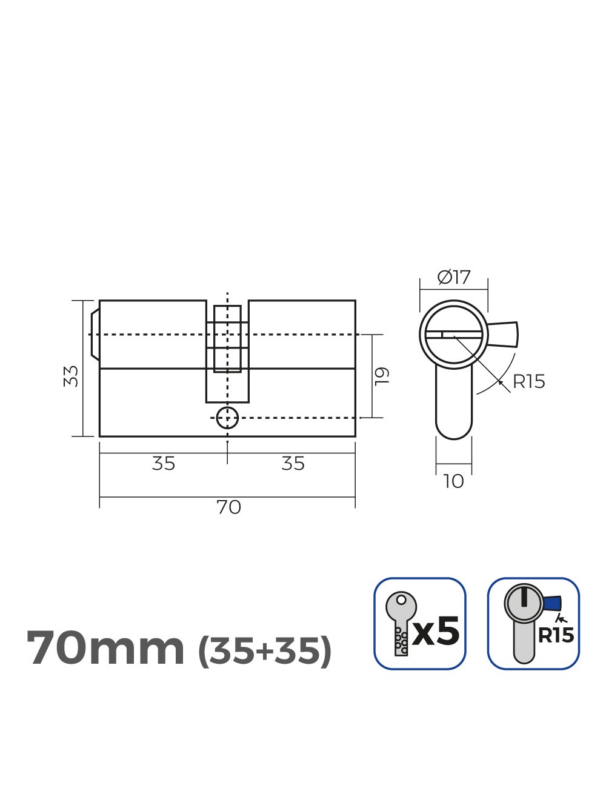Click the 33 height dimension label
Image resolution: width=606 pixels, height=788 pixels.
(x=72, y=376)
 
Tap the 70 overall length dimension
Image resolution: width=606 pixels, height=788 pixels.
(x=228, y=507)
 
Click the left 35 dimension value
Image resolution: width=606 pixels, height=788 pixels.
(x=163, y=464)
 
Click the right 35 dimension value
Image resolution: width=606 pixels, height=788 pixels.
(x=293, y=464)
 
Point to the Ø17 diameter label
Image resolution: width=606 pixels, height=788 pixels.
(x=454, y=278)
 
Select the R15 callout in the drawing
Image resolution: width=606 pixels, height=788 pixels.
(x=528, y=382)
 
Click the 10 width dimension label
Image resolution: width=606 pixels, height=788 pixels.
(x=453, y=481)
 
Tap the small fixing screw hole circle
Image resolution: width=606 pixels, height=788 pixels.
(x=227, y=417)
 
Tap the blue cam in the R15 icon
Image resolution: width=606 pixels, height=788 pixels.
(x=552, y=603)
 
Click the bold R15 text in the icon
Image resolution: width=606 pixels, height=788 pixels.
(x=556, y=635)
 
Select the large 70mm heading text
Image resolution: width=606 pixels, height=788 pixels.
(x=105, y=648)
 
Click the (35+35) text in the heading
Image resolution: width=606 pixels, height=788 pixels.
(x=265, y=650)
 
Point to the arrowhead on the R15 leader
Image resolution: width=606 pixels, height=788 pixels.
(x=499, y=381)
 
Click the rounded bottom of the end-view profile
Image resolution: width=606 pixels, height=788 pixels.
(x=453, y=432)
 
